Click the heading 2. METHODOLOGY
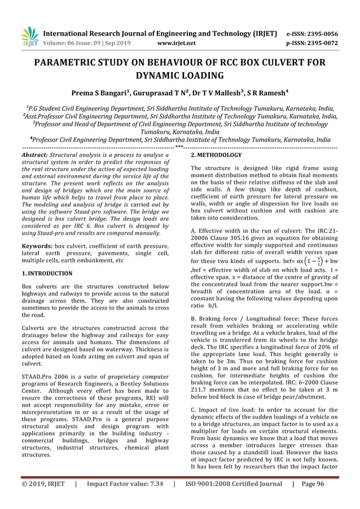click(216, 154)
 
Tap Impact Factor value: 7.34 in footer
click(124, 499)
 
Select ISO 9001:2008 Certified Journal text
click(233, 499)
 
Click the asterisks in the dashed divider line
click(179, 147)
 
